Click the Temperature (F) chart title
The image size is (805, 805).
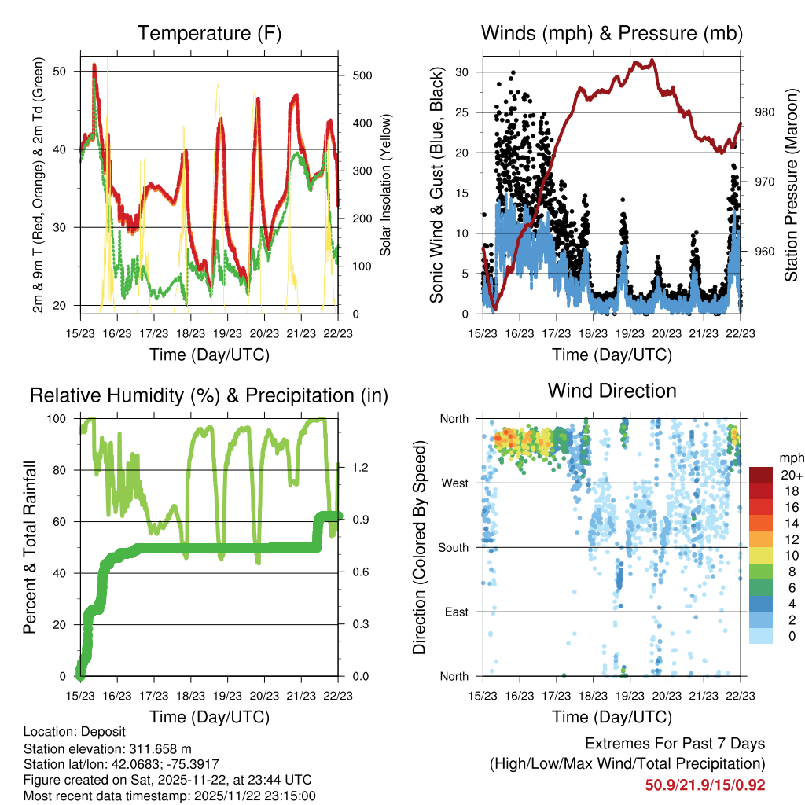pyautogui.click(x=209, y=34)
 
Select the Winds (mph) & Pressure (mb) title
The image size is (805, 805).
pyautogui.click(x=612, y=34)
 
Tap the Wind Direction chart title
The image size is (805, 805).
pyautogui.click(x=612, y=391)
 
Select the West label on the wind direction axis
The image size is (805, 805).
pyautogui.click(x=455, y=483)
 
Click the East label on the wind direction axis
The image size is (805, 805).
pyautogui.click(x=457, y=612)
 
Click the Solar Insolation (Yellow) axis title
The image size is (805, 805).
pyautogui.click(x=386, y=185)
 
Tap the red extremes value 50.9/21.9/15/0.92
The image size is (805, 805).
pyautogui.click(x=705, y=785)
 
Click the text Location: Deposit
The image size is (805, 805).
pyautogui.click(x=74, y=731)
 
